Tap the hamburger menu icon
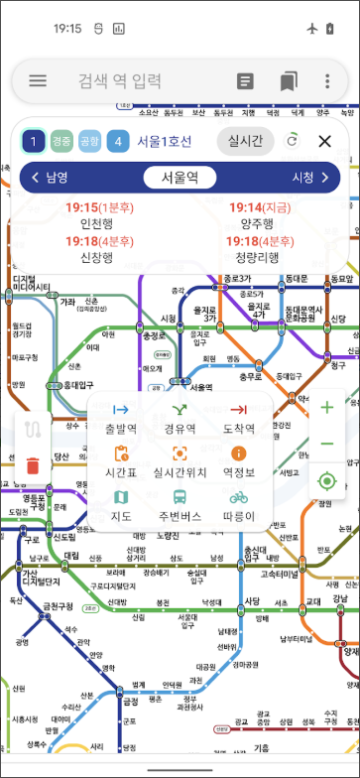coord(38,81)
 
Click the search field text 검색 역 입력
coord(119,81)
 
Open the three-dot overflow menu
coord(327,81)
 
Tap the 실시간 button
coord(245,141)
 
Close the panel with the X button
coord(324,141)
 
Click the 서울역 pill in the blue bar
coord(180,178)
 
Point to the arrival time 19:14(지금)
coord(260,207)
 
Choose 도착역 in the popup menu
coord(238,417)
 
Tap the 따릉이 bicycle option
coord(238,505)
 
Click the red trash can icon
coord(33,464)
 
